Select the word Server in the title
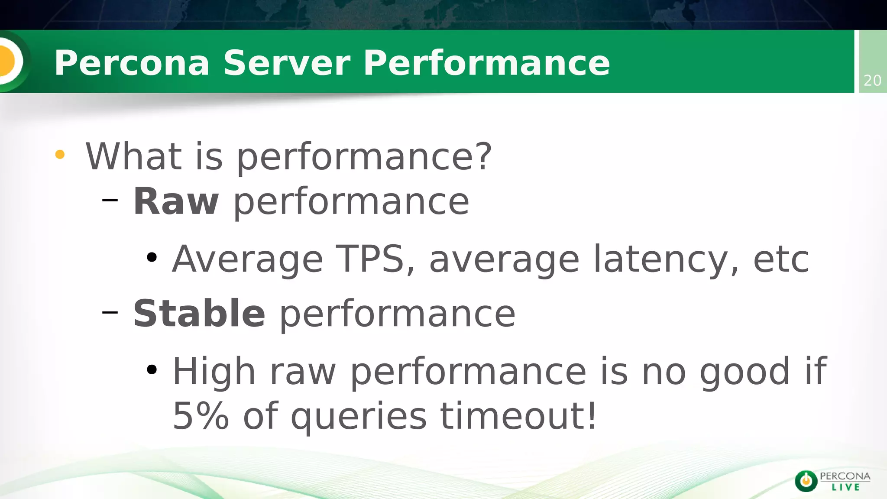tap(287, 63)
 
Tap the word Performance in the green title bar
tap(486, 63)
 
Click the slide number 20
tap(872, 81)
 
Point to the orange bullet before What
tap(60, 155)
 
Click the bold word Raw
tap(176, 201)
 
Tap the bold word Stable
tap(199, 314)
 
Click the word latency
tap(661, 260)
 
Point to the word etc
tap(781, 260)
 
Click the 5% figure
tap(201, 416)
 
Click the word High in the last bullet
tap(214, 372)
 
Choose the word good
tap(745, 373)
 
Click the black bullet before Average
tap(152, 258)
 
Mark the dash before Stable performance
tap(110, 312)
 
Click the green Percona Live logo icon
tap(806, 481)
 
